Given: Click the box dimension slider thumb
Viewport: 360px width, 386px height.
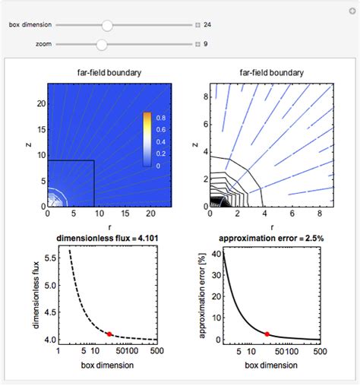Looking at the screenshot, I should point(107,25).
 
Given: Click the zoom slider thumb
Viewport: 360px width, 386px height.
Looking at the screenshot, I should point(101,44).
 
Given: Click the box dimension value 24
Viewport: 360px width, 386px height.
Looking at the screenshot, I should point(207,25).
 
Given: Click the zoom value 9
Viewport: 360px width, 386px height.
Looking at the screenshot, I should point(205,44).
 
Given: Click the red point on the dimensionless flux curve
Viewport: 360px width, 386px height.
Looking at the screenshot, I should point(110,334).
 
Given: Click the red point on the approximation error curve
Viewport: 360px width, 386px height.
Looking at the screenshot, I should point(267,334).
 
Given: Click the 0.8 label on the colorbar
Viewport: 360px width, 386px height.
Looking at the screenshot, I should point(162,118).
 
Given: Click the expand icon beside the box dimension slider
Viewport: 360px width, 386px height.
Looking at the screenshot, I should point(197,25).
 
